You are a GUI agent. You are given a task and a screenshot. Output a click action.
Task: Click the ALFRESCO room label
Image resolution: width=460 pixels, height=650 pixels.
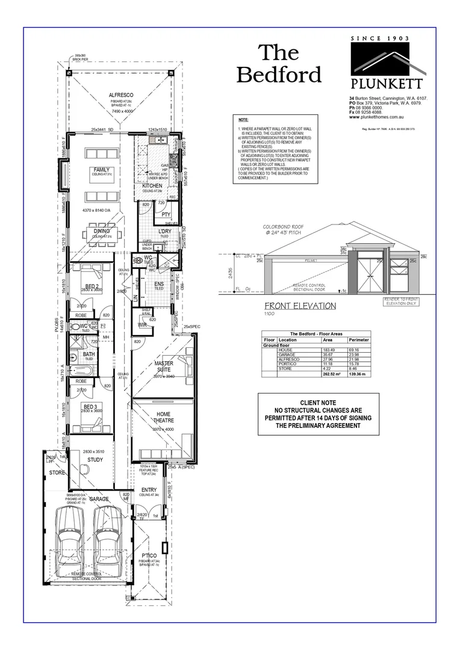click(120, 95)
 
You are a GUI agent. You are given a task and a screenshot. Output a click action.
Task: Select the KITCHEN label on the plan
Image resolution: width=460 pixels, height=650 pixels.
click(152, 186)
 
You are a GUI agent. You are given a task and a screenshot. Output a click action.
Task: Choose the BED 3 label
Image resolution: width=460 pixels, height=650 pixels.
click(91, 408)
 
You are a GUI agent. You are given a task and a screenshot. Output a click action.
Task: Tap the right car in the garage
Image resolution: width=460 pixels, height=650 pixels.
click(108, 542)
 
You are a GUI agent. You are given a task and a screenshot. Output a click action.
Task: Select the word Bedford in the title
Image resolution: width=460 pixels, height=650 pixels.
click(279, 75)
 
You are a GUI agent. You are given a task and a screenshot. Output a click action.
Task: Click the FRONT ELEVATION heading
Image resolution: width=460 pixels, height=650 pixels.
click(300, 306)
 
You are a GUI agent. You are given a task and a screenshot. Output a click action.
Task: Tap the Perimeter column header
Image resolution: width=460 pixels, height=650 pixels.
click(359, 340)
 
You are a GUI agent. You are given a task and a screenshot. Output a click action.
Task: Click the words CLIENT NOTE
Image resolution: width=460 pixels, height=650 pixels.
click(317, 403)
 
